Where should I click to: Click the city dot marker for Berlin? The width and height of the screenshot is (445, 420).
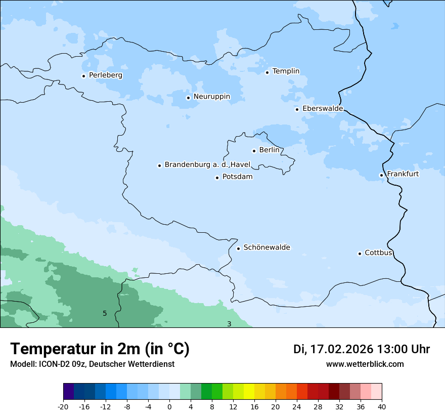coord(254,151)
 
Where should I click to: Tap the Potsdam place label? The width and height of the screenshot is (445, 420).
coord(237,177)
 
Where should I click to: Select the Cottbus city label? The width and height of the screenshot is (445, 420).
coord(378,253)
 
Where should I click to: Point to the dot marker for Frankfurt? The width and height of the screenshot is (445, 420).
coord(381,176)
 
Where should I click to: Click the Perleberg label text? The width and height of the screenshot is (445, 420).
coord(105,75)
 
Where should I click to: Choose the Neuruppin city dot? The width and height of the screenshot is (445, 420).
coord(188,98)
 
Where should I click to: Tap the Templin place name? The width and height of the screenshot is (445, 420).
coord(286,71)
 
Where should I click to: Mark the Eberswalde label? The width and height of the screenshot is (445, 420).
coord(322,109)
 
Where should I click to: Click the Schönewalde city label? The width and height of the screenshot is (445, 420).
coord(266,247)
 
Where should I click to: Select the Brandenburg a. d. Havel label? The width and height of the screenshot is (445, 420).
coord(207,164)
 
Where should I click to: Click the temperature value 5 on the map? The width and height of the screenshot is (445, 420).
coord(105,313)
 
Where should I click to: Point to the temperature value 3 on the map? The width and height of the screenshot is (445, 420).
coord(229,324)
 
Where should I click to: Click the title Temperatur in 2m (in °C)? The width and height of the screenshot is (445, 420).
coord(100,349)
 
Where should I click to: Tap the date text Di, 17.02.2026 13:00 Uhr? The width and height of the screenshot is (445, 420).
coord(362,349)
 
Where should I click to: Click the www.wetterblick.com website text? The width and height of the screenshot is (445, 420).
coord(365,364)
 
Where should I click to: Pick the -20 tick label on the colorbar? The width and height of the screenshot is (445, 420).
coord(63,406)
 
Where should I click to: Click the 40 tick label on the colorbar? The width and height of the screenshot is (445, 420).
coord(382,406)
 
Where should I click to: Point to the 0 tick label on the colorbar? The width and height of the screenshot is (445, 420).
coord(169,406)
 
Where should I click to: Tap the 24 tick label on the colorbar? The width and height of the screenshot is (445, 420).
coord(297,406)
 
